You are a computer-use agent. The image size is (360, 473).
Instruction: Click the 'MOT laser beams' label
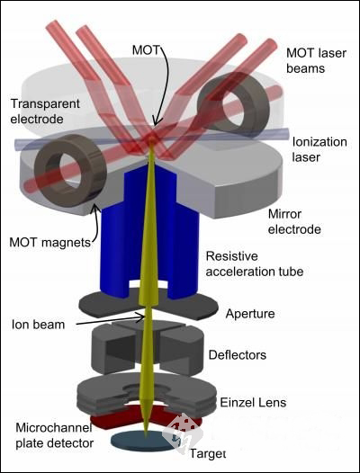[x=316, y=60]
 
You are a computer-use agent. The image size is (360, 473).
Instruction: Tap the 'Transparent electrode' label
[x=45, y=111]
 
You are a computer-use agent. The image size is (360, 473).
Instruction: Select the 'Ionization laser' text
[x=319, y=149]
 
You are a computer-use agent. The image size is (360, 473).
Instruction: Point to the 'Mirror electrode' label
[x=294, y=222]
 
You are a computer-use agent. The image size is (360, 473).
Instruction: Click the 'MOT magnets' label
[x=50, y=242]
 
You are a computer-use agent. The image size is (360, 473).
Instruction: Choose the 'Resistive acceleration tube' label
[x=255, y=264]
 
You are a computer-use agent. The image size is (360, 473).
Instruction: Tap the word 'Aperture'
[x=250, y=314]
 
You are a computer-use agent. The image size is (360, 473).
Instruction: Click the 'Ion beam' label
[x=38, y=325]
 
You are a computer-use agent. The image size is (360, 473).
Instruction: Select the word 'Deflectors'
[x=238, y=354]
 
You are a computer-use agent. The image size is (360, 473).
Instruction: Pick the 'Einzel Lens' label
[x=253, y=403]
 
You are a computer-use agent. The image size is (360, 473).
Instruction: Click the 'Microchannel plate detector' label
[x=54, y=435]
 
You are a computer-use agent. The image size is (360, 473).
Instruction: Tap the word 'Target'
[x=208, y=453]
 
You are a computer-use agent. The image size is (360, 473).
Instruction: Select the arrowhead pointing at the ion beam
[x=140, y=317]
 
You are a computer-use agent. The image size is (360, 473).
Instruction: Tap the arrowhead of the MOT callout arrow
[x=155, y=122]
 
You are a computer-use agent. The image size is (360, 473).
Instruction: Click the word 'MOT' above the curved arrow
[x=146, y=50]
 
